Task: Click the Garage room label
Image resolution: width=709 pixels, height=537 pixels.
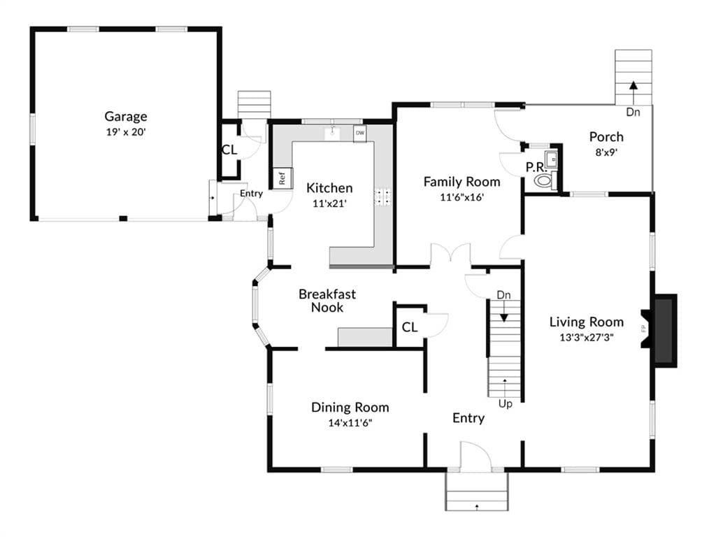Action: [126, 117]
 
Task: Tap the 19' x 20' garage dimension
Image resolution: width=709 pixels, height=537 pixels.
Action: [126, 132]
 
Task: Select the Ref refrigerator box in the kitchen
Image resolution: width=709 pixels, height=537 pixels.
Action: [282, 178]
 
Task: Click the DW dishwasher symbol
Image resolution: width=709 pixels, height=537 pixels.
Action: [360, 134]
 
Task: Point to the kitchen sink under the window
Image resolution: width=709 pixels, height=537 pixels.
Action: [333, 133]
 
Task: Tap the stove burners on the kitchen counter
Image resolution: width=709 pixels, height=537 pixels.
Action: [383, 196]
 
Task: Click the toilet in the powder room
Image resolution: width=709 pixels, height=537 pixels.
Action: [544, 181]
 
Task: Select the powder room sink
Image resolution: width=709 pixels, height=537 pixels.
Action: [551, 159]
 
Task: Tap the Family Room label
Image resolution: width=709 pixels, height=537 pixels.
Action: [461, 182]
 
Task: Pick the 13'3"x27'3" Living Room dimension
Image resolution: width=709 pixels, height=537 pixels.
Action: [587, 337]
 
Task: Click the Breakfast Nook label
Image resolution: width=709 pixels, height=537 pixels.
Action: [327, 301]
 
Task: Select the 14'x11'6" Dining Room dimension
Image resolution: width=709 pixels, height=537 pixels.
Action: [350, 423]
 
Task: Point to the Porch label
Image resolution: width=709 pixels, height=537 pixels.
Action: [606, 136]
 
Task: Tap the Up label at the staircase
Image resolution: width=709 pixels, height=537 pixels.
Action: [505, 403]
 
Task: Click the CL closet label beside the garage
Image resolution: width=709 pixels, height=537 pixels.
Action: [229, 150]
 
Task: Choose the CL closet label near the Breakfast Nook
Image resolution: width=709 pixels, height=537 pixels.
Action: [410, 327]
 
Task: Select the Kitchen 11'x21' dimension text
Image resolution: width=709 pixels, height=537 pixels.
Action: [329, 203]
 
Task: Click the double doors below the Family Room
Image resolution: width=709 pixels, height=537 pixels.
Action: [450, 254]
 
